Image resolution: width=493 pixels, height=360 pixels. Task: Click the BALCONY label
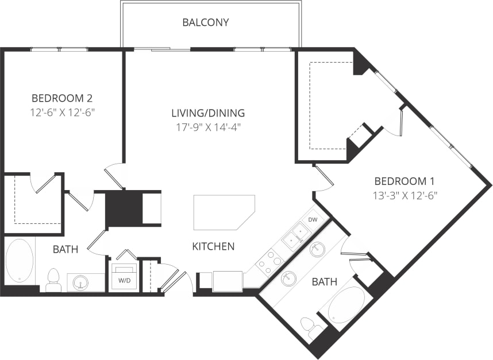pyautogui.click(x=206, y=23)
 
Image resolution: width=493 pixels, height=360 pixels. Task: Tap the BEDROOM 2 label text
pyautogui.click(x=62, y=98)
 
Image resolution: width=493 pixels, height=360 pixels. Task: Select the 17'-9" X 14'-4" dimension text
pyautogui.click(x=208, y=127)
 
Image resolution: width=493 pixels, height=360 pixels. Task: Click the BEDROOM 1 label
pyautogui.click(x=405, y=181)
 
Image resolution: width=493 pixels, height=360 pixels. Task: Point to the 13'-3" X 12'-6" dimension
pyautogui.click(x=405, y=195)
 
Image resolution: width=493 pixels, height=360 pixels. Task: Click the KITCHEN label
pyautogui.click(x=213, y=246)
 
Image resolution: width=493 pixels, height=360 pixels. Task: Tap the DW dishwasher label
pyautogui.click(x=313, y=220)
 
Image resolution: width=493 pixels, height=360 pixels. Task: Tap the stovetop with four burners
pyautogui.click(x=269, y=261)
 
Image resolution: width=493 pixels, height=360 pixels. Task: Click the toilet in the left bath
pyautogui.click(x=53, y=280)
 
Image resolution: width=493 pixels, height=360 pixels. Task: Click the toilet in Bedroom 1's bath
pyautogui.click(x=313, y=328)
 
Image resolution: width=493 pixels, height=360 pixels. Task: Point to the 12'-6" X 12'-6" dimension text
pyautogui.click(x=62, y=111)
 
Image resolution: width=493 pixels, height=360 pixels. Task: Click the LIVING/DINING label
pyautogui.click(x=208, y=113)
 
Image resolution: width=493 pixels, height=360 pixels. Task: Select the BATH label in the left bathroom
pyautogui.click(x=66, y=249)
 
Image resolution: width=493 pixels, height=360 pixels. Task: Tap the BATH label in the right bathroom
pyautogui.click(x=324, y=281)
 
